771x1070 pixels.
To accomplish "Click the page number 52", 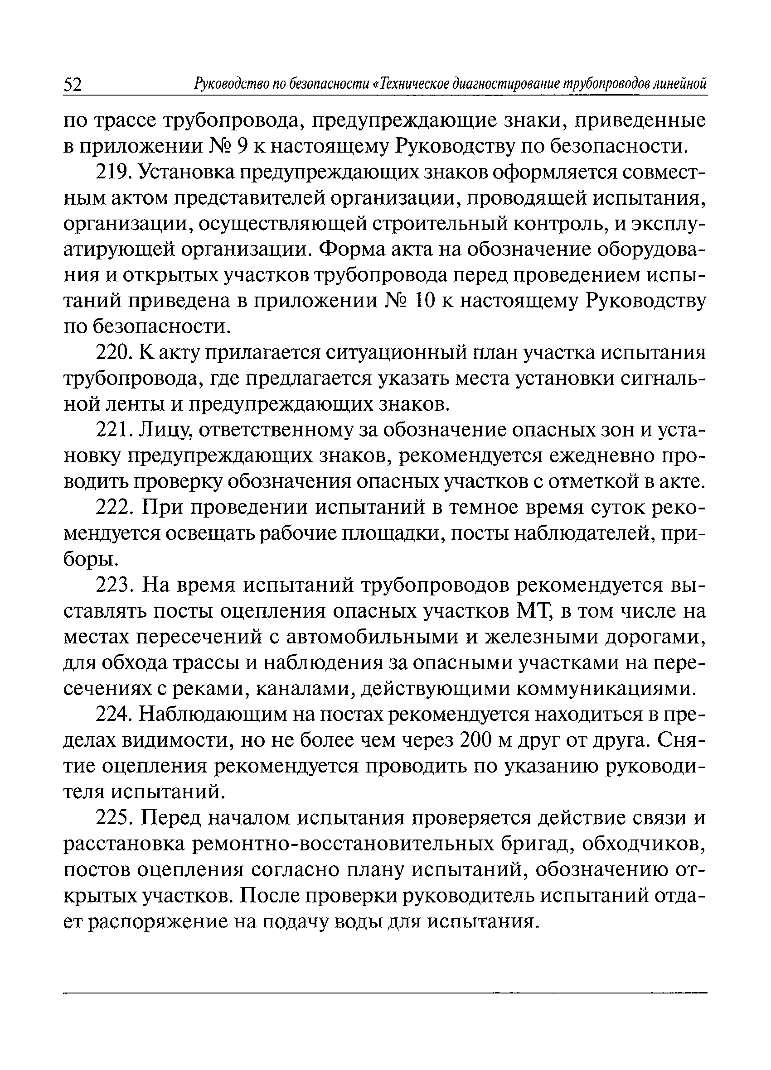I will pos(73,85).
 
